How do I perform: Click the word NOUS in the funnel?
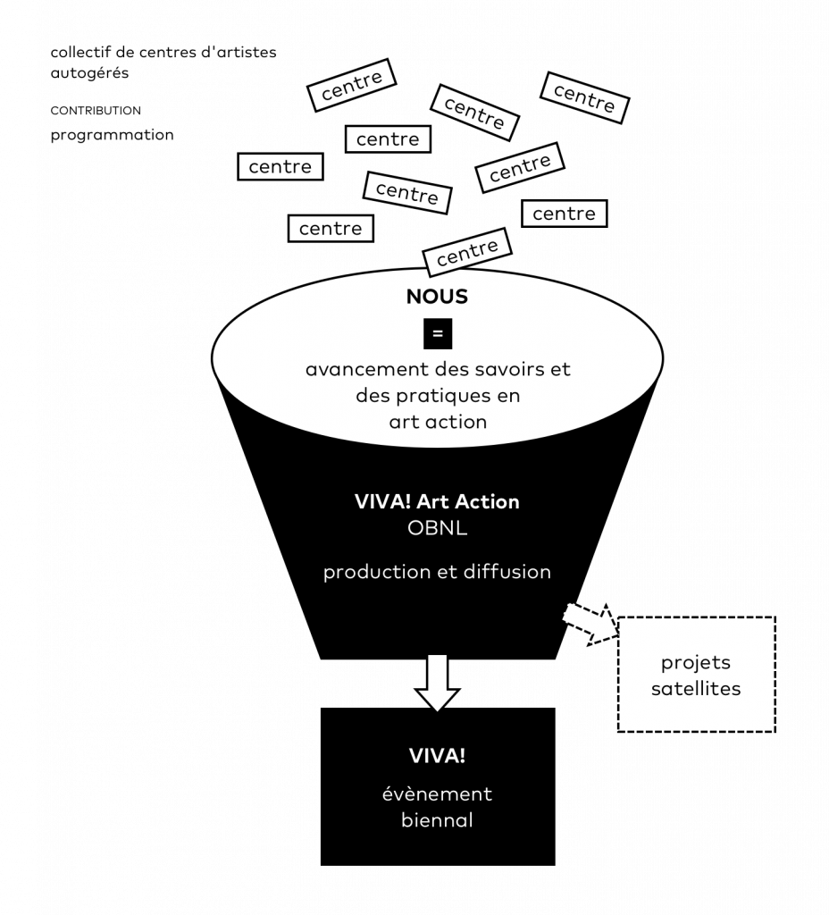437,297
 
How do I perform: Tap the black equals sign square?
438,334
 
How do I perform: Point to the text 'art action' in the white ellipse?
438,422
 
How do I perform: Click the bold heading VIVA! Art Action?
437,502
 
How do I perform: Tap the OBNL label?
437,528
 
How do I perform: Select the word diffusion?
507,572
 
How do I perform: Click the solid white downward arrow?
437,683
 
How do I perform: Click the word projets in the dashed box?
695,664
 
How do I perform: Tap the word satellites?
695,689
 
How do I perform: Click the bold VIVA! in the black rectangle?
437,756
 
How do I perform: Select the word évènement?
437,793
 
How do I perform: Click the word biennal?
437,820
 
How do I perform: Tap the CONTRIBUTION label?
96,111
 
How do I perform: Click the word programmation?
112,136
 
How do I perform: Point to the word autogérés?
89,73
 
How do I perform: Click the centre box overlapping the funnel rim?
466,251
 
